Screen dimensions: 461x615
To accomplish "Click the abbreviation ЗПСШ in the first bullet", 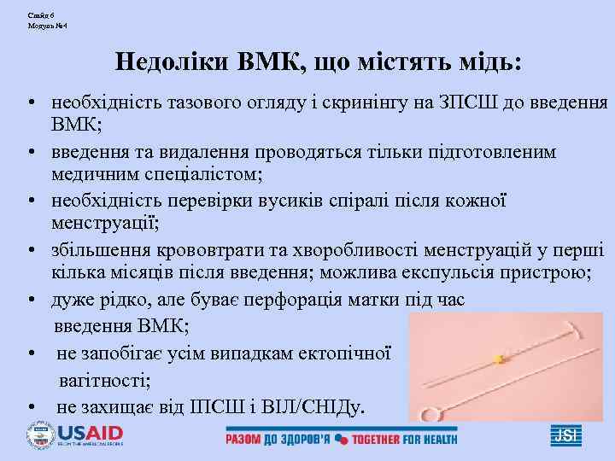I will [x=459, y=103].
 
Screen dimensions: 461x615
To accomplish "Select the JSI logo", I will [x=565, y=435].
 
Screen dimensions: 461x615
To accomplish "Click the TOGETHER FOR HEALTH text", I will [x=403, y=439].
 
